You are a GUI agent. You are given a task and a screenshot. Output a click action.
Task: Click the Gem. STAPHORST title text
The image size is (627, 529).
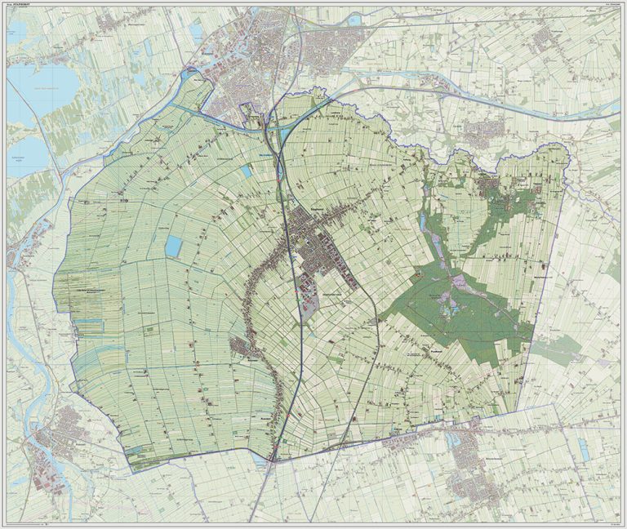[x=27, y=7]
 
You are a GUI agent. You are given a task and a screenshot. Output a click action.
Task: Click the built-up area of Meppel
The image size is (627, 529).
[x=261, y=65]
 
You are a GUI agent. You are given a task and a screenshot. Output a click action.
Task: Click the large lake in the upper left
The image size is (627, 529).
[x=37, y=90]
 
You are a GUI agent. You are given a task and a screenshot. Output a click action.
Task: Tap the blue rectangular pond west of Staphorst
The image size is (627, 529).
[x=174, y=245]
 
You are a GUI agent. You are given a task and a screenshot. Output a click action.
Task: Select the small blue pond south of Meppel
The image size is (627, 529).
[x=247, y=174]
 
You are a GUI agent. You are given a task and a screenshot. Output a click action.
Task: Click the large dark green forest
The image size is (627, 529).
[x=457, y=310]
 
